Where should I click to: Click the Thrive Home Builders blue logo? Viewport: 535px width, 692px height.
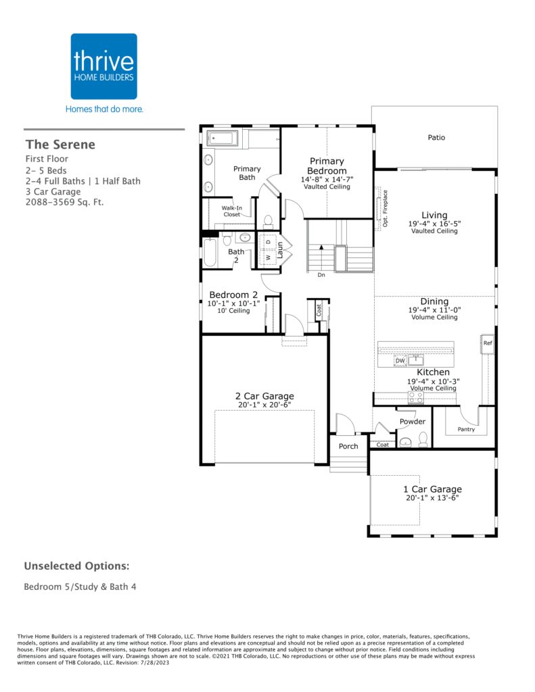click(103, 66)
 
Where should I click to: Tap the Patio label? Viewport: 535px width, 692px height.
click(436, 138)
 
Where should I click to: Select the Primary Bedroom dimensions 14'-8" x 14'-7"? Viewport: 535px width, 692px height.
click(327, 179)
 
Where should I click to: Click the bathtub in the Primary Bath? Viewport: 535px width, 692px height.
click(223, 138)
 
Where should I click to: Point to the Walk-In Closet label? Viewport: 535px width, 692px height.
click(232, 211)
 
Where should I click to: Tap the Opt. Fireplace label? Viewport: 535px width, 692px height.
click(386, 208)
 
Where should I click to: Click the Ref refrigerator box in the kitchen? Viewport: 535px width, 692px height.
click(487, 343)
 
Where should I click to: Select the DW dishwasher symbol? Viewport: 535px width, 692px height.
click(400, 361)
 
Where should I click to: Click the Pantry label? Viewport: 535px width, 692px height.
click(466, 429)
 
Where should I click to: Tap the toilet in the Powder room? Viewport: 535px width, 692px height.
click(423, 439)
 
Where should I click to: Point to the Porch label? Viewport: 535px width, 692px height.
click(348, 446)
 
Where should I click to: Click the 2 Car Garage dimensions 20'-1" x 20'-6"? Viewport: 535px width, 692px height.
click(264, 405)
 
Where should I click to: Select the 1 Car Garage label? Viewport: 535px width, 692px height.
click(432, 489)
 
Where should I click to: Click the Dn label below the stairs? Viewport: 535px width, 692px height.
click(321, 275)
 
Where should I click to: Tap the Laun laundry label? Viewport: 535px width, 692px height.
click(279, 250)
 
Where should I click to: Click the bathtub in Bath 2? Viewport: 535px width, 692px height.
click(210, 253)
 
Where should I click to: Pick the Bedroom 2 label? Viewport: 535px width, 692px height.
click(233, 295)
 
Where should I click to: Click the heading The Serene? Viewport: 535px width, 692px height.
click(60, 145)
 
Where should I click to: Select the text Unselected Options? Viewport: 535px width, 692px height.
click(77, 566)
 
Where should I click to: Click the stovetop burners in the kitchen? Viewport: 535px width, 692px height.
click(416, 397)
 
